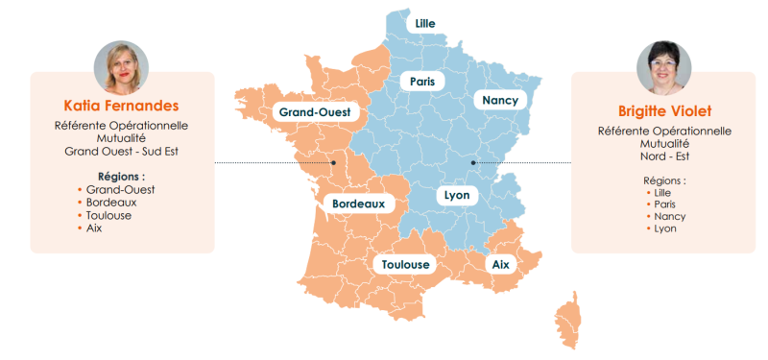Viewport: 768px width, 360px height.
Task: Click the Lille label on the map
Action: coord(424,22)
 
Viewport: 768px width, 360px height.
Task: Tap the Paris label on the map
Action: coord(422,82)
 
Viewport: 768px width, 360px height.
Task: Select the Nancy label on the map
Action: coord(500,100)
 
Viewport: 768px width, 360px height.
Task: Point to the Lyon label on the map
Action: coord(456,195)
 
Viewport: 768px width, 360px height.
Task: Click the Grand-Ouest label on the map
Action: coord(314,112)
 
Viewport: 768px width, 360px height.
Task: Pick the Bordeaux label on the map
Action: coord(357,204)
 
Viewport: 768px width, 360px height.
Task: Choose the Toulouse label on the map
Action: coord(405,264)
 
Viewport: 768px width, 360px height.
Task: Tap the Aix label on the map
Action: coord(500,263)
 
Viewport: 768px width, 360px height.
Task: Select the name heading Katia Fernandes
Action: coord(122,105)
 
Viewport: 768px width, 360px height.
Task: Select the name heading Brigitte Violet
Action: coord(664,110)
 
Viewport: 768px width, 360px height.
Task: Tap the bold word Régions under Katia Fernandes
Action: coord(122,177)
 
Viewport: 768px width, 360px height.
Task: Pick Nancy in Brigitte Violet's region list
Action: coord(670,217)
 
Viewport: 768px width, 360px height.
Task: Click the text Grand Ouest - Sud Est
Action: coord(122,151)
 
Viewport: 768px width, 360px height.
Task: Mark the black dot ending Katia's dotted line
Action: coord(333,163)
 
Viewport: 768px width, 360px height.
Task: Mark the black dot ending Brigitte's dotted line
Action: coord(473,163)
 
